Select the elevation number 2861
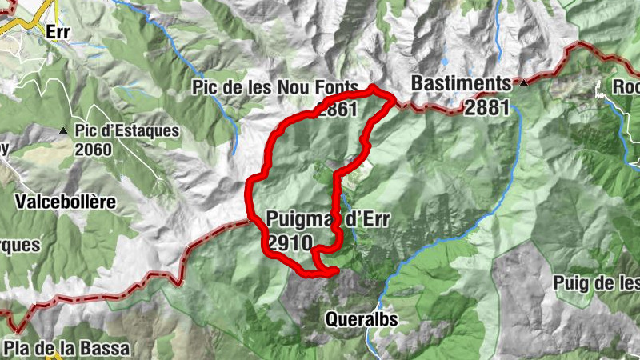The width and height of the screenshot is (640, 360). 335,109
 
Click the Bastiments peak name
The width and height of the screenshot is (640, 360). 460,83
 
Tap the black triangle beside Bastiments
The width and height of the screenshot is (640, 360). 523,82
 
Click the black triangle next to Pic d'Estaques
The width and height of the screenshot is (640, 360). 62,130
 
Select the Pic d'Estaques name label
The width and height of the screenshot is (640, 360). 127,131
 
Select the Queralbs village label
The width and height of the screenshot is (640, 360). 361,320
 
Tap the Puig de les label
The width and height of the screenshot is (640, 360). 596,283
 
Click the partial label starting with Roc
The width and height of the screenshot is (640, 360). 626,86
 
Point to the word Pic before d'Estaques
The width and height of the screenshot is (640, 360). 86,131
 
